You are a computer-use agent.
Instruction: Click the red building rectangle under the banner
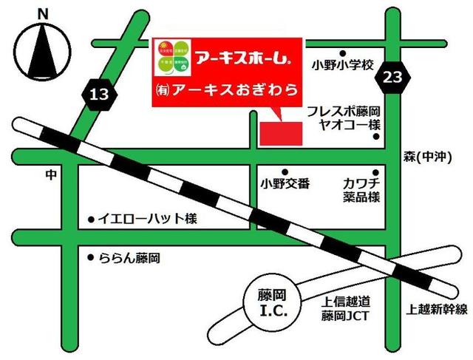(281, 131)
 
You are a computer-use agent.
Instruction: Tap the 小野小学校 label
(344, 64)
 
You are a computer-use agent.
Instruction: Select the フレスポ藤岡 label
(343, 112)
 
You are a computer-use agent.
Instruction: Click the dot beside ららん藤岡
(91, 258)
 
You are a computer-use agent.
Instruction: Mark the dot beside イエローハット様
(91, 219)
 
